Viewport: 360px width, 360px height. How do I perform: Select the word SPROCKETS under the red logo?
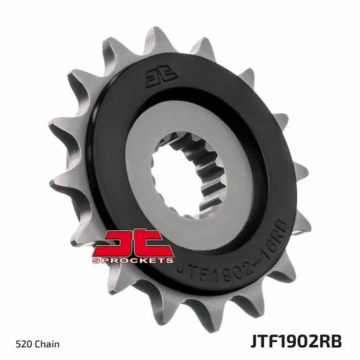tap(136, 259)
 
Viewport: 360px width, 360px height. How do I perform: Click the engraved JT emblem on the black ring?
tap(153, 79)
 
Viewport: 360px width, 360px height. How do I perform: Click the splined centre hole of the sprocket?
tap(182, 161)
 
